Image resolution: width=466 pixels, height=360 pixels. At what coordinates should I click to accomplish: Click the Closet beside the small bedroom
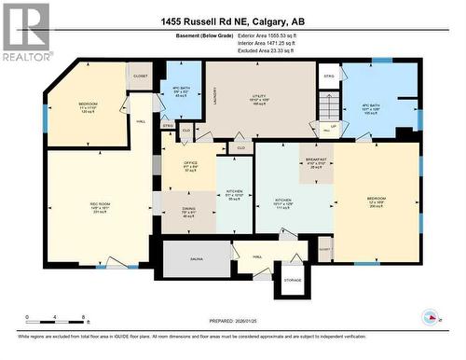pyautogui.click(x=141, y=76)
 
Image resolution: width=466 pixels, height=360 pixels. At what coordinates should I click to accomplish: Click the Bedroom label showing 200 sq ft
pyautogui.click(x=377, y=200)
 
